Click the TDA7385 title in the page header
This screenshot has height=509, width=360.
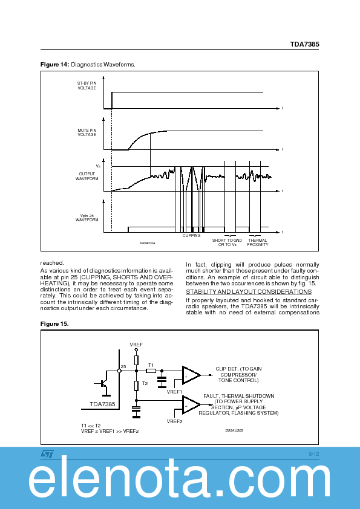[x=304, y=45]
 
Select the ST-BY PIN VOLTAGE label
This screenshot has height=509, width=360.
[x=87, y=85]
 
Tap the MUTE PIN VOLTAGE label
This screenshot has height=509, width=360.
[x=87, y=132]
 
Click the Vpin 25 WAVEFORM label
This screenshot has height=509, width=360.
[x=87, y=218]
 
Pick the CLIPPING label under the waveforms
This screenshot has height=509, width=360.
[x=191, y=236]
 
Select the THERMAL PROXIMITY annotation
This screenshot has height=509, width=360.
[x=258, y=242]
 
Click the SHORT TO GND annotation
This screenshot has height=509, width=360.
[x=227, y=242]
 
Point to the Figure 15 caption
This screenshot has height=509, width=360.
[x=54, y=323]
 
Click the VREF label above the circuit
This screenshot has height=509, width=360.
[x=136, y=344]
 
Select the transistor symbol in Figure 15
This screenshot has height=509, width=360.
[x=104, y=383]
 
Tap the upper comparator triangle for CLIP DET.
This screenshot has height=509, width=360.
[x=191, y=375]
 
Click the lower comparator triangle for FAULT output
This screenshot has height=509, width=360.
[x=191, y=404]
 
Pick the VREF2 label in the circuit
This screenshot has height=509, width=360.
[x=175, y=421]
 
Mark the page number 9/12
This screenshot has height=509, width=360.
[x=313, y=453]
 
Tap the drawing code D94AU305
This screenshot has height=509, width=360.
[x=234, y=430]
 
